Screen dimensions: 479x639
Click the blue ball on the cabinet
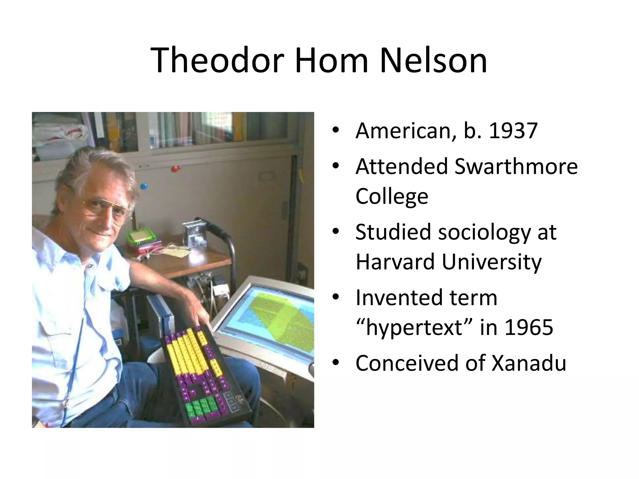(144, 186)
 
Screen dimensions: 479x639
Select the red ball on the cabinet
(176, 169)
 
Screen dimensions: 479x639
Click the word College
(392, 196)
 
